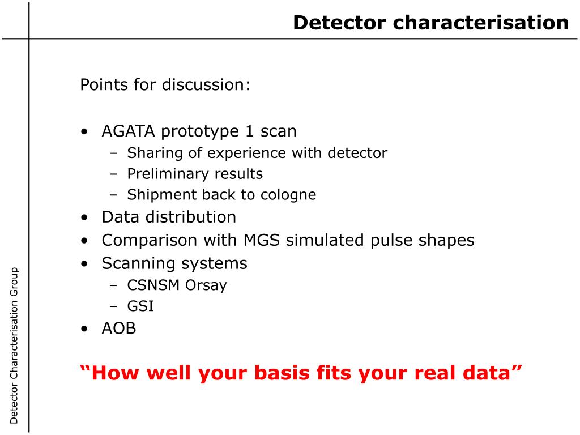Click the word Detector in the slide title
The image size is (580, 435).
click(340, 23)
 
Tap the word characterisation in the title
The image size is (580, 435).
click(481, 23)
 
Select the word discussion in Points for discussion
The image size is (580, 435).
click(206, 85)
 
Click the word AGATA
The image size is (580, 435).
click(129, 131)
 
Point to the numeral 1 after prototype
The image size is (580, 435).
click(250, 131)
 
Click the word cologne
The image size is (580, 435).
click(288, 195)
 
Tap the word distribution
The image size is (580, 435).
click(191, 217)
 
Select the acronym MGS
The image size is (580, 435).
click(261, 240)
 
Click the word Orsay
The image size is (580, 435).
click(206, 285)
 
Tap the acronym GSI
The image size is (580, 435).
click(140, 306)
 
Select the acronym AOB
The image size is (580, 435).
click(119, 329)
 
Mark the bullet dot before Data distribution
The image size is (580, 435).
click(85, 218)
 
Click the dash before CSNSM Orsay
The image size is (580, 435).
click(113, 286)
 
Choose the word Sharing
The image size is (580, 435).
click(155, 153)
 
